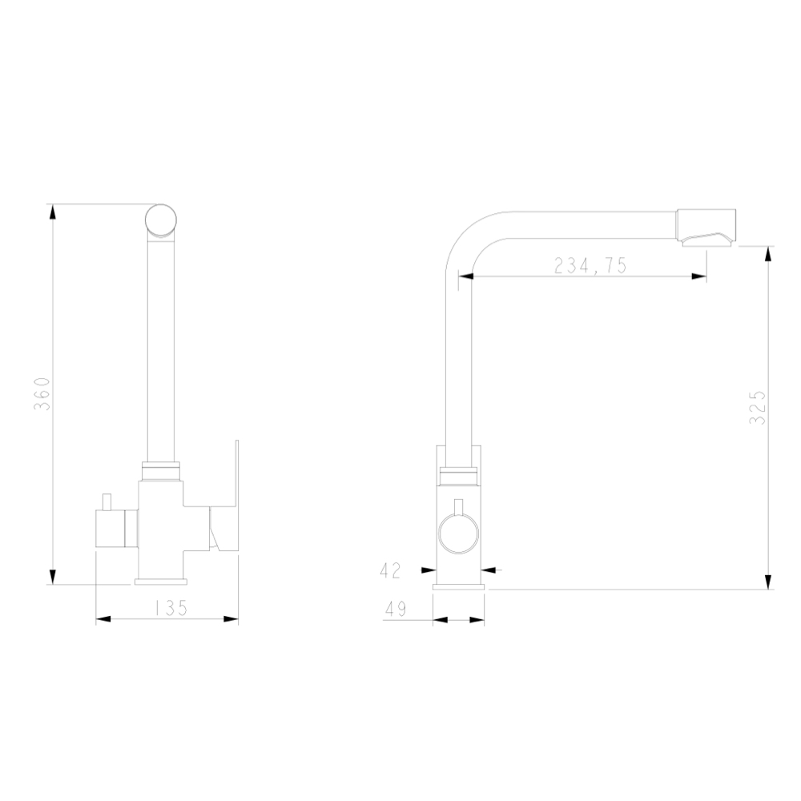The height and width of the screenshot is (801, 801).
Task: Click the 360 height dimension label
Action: [x=42, y=394]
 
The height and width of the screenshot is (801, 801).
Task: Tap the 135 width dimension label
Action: [x=171, y=607]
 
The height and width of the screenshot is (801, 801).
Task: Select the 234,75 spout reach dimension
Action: [x=590, y=266]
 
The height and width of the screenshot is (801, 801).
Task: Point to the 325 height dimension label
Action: [x=757, y=407]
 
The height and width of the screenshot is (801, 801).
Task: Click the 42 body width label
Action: [x=391, y=570]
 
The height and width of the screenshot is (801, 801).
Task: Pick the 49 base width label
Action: [x=396, y=609]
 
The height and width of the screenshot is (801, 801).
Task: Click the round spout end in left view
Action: [x=161, y=220]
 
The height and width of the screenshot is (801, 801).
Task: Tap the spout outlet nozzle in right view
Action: [x=706, y=227]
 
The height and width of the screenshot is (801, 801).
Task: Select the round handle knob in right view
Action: [x=458, y=533]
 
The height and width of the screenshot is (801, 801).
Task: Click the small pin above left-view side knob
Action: [x=107, y=501]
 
